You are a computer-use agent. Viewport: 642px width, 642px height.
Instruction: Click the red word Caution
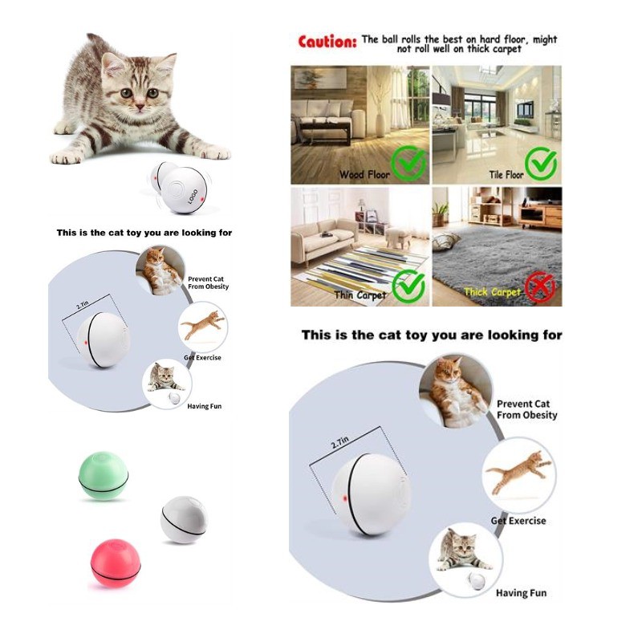pyautogui.click(x=327, y=42)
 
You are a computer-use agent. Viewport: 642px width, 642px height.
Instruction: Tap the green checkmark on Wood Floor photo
pyautogui.click(x=408, y=164)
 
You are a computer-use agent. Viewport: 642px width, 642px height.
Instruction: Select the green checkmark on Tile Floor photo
pyautogui.click(x=541, y=164)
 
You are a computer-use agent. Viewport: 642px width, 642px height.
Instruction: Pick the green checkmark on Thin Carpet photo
pyautogui.click(x=408, y=286)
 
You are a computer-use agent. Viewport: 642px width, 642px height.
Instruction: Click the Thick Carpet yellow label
pyautogui.click(x=492, y=292)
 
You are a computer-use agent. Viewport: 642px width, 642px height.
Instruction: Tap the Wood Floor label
pyautogui.click(x=364, y=175)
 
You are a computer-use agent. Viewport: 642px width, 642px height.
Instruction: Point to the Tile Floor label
pyautogui.click(x=506, y=175)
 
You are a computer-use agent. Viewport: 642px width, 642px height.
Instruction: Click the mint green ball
pyautogui.click(x=104, y=476)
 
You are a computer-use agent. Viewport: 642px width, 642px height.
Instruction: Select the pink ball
pyautogui.click(x=116, y=563)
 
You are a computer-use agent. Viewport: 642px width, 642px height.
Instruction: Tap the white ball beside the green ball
pyautogui.click(x=184, y=519)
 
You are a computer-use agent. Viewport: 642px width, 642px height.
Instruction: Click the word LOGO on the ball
pyautogui.click(x=193, y=197)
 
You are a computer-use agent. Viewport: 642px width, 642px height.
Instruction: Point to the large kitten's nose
pyautogui.click(x=140, y=107)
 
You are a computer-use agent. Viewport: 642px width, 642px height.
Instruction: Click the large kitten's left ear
pyautogui.click(x=112, y=65)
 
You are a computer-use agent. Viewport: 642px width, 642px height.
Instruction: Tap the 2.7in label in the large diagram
pyautogui.click(x=339, y=442)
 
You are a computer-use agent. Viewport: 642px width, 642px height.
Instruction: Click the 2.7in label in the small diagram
pyautogui.click(x=82, y=305)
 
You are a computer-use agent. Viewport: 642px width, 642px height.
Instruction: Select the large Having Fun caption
pyautogui.click(x=521, y=593)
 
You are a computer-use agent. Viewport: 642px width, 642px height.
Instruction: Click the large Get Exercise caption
pyautogui.click(x=518, y=521)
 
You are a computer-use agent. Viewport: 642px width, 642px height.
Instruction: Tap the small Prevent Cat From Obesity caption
pyautogui.click(x=208, y=282)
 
